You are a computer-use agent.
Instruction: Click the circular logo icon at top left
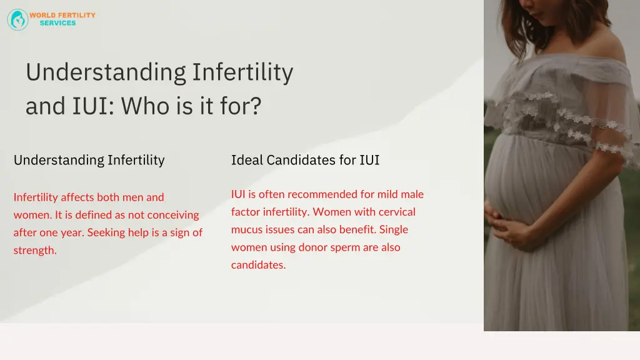(17, 19)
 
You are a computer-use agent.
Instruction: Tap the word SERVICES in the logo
(57, 23)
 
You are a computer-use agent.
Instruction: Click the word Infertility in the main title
(242, 72)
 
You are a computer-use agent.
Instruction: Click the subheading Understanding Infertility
(89, 160)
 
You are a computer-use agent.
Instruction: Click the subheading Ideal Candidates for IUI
(305, 160)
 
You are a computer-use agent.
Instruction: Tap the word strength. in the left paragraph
(35, 251)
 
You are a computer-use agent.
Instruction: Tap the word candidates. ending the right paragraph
(258, 265)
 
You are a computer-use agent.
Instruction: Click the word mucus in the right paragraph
(246, 229)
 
